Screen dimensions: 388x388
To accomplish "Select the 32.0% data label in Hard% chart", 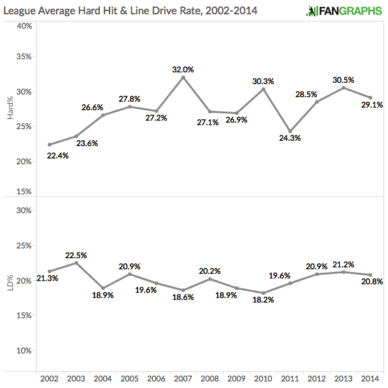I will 183,69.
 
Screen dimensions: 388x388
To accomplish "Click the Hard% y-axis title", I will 10,108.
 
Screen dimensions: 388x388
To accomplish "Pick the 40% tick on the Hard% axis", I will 24,26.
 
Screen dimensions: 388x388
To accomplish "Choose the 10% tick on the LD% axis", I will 24,350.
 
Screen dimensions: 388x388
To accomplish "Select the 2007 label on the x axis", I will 183,378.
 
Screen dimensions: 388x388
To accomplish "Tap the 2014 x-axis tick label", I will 370,378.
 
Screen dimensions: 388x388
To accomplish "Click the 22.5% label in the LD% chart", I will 76,255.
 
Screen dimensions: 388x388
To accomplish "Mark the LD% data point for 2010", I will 263,293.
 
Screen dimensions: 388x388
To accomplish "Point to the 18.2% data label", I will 263,300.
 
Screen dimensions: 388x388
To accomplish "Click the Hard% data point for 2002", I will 50,145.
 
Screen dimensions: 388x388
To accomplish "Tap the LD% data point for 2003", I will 76,263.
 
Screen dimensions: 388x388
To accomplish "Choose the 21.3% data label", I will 47,278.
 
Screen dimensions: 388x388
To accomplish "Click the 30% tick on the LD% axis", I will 24,211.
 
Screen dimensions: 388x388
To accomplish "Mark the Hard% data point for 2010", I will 263,89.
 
